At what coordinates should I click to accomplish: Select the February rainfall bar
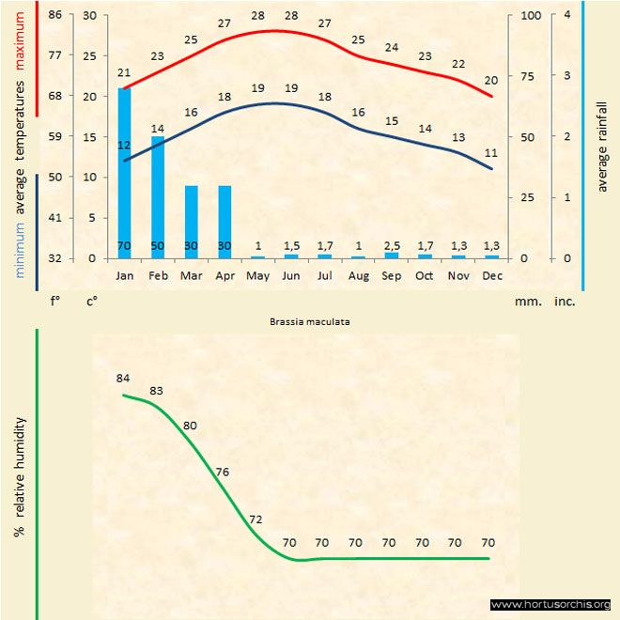(158, 197)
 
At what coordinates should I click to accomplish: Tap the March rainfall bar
(192, 222)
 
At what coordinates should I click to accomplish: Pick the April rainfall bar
(225, 222)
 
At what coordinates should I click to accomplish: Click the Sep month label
(392, 275)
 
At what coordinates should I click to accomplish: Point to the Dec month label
(491, 275)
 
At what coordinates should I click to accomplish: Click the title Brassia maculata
(309, 320)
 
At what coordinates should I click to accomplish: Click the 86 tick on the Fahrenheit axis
(55, 15)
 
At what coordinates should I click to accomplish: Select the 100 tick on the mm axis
(531, 15)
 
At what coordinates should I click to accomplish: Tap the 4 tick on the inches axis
(566, 15)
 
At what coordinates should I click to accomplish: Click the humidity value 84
(123, 379)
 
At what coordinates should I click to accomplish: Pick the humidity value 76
(223, 472)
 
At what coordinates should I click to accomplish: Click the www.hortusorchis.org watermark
(551, 604)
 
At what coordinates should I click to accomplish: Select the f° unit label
(55, 302)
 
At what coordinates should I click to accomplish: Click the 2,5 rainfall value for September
(392, 246)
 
